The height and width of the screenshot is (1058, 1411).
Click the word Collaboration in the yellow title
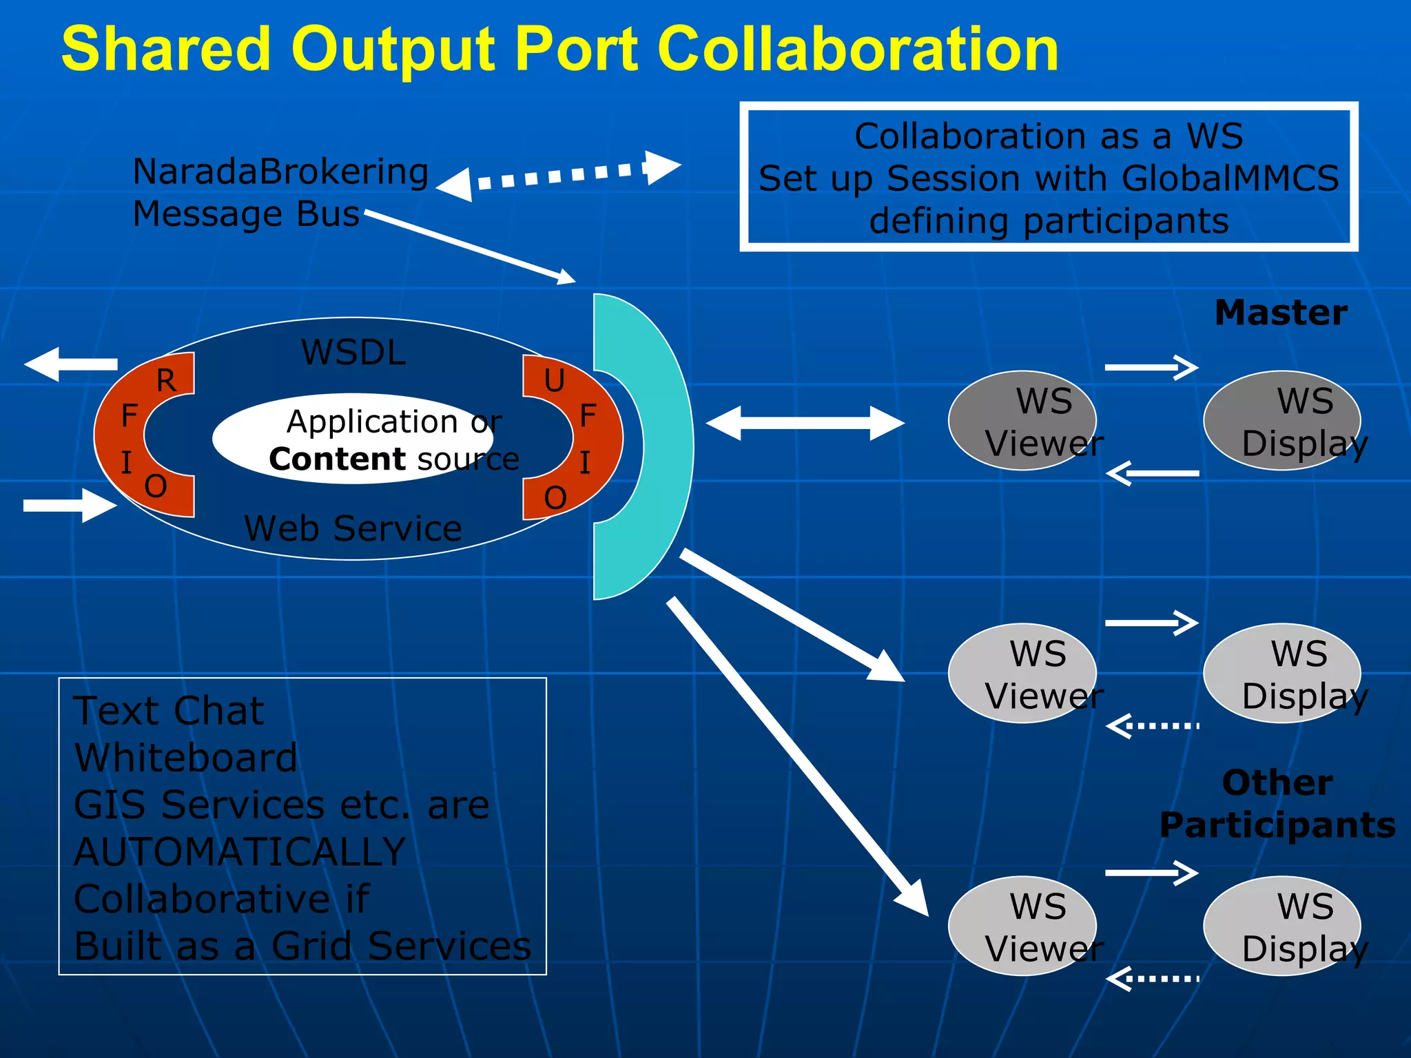(858, 50)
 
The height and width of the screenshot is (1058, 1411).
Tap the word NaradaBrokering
(280, 172)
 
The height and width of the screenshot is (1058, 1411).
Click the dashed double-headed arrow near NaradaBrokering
(558, 175)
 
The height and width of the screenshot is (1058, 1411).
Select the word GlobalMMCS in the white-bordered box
(1230, 179)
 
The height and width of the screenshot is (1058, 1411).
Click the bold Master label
(1280, 313)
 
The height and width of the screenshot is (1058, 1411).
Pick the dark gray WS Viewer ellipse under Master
(1021, 421)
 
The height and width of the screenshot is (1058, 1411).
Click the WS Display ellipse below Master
(1281, 421)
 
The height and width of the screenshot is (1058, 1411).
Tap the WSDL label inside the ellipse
(353, 353)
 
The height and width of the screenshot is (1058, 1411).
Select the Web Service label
(353, 529)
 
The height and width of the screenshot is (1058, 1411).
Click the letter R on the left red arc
(166, 381)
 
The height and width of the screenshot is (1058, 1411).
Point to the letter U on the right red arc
(555, 381)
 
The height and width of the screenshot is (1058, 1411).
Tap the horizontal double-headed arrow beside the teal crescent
(805, 423)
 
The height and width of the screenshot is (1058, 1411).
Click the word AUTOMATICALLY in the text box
(239, 852)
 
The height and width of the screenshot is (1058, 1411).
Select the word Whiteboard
(186, 758)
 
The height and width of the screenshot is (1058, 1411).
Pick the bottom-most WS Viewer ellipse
(1021, 926)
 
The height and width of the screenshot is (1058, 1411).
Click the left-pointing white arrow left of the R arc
(71, 364)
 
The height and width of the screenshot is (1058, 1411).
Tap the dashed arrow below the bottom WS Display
(1152, 978)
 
